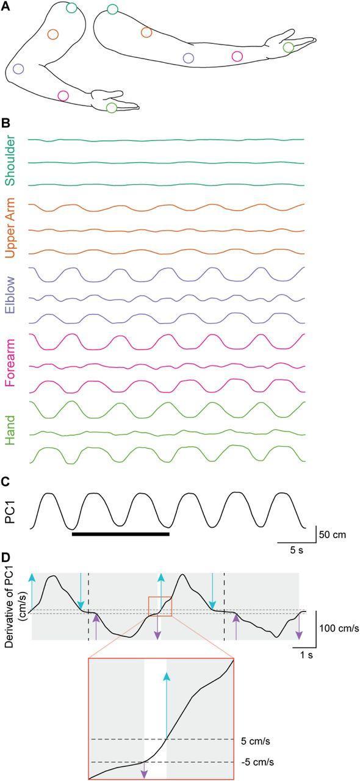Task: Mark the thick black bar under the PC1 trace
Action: [120, 534]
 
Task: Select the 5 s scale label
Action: [296, 550]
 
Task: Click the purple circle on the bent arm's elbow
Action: [18, 69]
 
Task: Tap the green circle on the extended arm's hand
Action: [289, 47]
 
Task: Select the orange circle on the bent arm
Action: [52, 34]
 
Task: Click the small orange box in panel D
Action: [160, 607]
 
